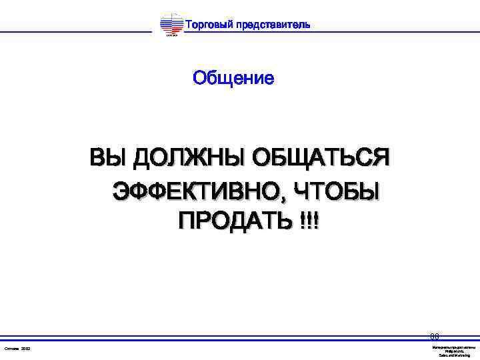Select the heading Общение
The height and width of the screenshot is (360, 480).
point(233,79)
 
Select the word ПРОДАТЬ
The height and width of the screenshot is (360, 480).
point(225,221)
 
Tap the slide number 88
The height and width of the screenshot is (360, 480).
point(434,337)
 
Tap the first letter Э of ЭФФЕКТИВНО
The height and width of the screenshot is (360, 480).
point(121,191)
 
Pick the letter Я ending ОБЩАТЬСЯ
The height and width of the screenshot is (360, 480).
point(381,159)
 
